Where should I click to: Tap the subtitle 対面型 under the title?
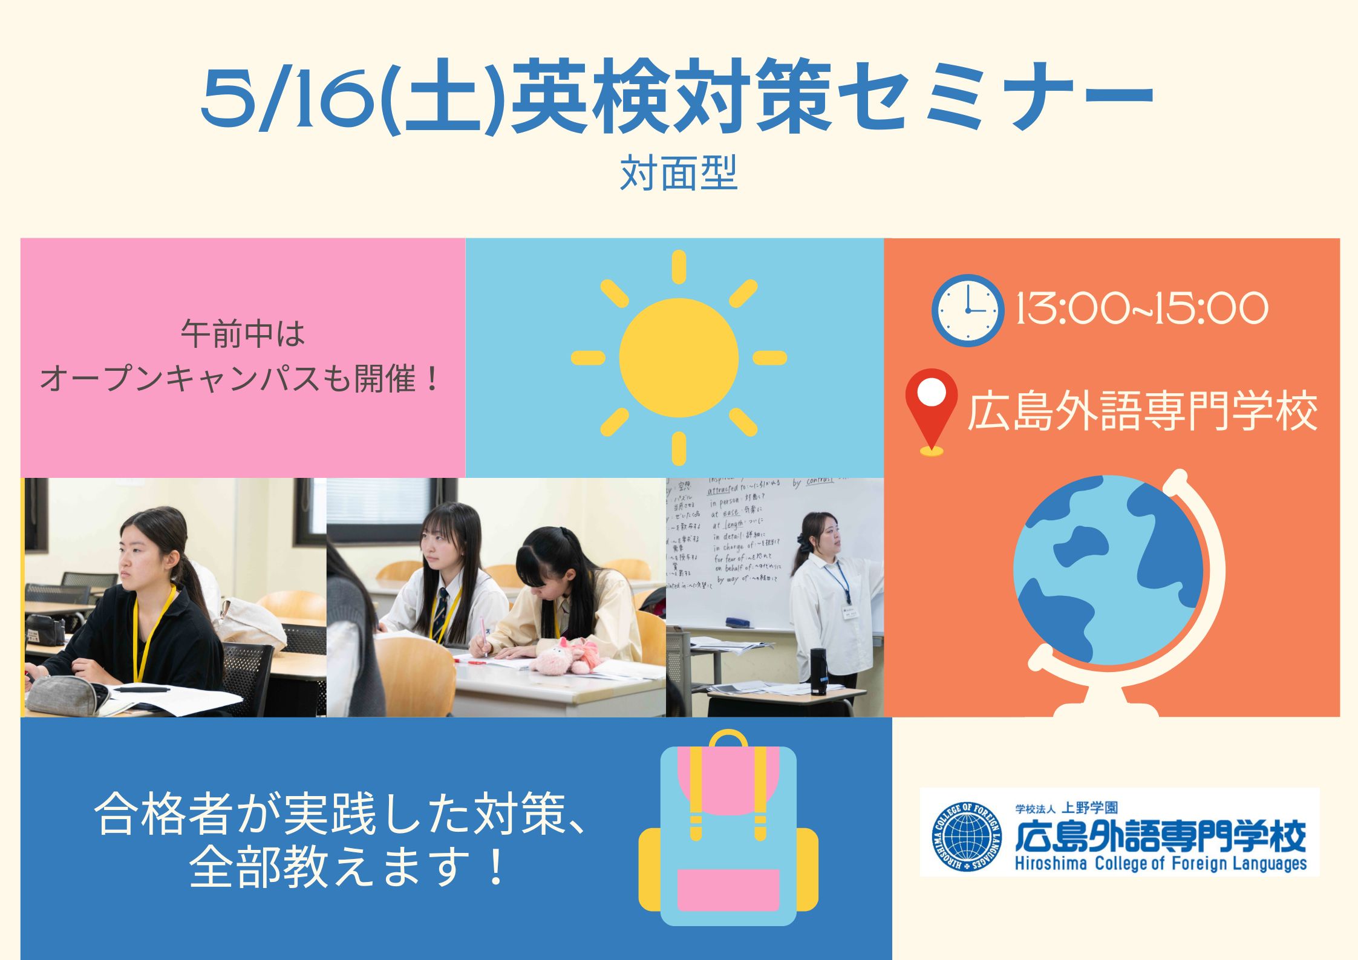(x=678, y=174)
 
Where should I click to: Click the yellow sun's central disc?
(x=679, y=358)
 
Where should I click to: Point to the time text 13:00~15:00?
(x=1141, y=309)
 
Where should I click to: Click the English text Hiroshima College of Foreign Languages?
(x=1160, y=864)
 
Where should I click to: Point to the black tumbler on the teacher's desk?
(x=818, y=671)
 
